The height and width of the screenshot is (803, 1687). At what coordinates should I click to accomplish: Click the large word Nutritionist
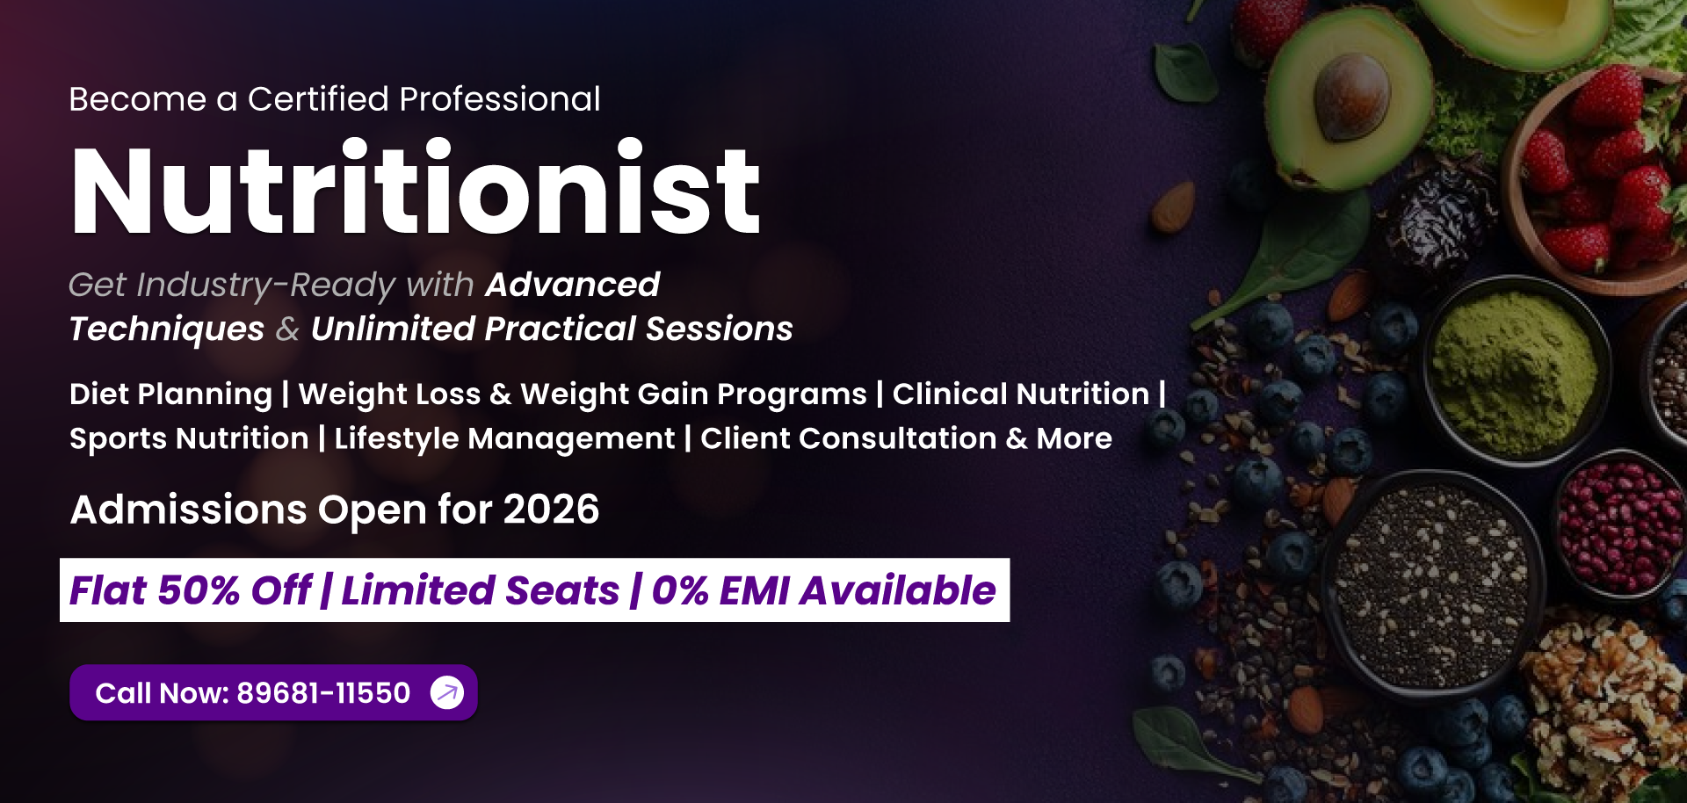[x=416, y=188]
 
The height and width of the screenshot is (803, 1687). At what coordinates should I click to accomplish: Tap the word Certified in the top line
[x=318, y=99]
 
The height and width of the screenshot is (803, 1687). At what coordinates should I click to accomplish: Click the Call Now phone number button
[x=273, y=692]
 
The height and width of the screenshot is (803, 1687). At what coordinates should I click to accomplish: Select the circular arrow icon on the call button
[x=447, y=692]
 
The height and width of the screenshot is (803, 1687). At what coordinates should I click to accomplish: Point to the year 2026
[x=551, y=510]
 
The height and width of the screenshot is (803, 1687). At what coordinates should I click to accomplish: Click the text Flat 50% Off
[x=191, y=590]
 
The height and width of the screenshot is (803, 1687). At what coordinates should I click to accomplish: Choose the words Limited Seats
[x=481, y=590]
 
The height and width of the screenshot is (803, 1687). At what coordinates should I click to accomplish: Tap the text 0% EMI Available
[x=823, y=590]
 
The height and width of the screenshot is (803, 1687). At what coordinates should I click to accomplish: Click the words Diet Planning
[x=171, y=394]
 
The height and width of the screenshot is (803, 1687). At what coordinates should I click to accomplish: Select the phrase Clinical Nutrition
[x=1021, y=394]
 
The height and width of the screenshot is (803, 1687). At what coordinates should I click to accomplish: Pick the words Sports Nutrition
[x=189, y=438]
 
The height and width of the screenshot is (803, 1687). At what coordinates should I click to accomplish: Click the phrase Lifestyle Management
[x=504, y=438]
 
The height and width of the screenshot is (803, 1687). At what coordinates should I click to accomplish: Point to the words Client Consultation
[x=848, y=438]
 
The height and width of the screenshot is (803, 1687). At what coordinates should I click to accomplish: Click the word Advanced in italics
[x=572, y=285]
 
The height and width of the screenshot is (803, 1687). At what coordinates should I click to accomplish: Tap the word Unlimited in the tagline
[x=392, y=329]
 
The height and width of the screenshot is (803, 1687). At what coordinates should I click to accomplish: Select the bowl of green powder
[x=1516, y=369]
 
